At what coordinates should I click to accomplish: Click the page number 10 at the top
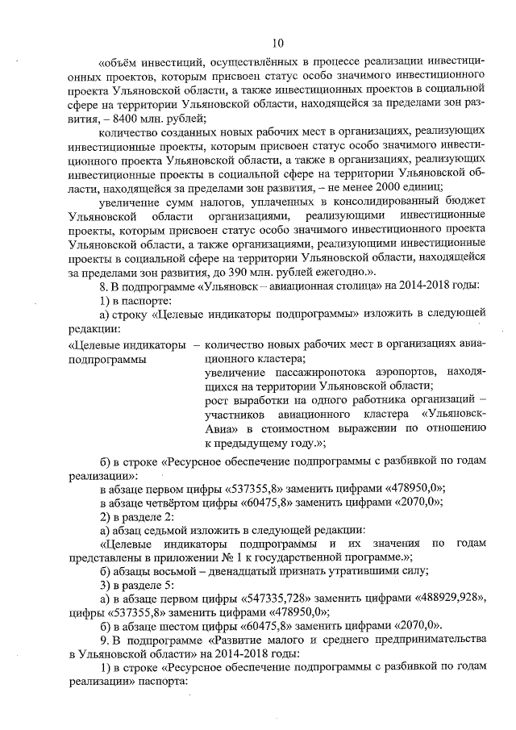click(277, 43)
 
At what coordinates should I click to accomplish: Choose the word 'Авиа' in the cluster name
click(219, 428)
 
